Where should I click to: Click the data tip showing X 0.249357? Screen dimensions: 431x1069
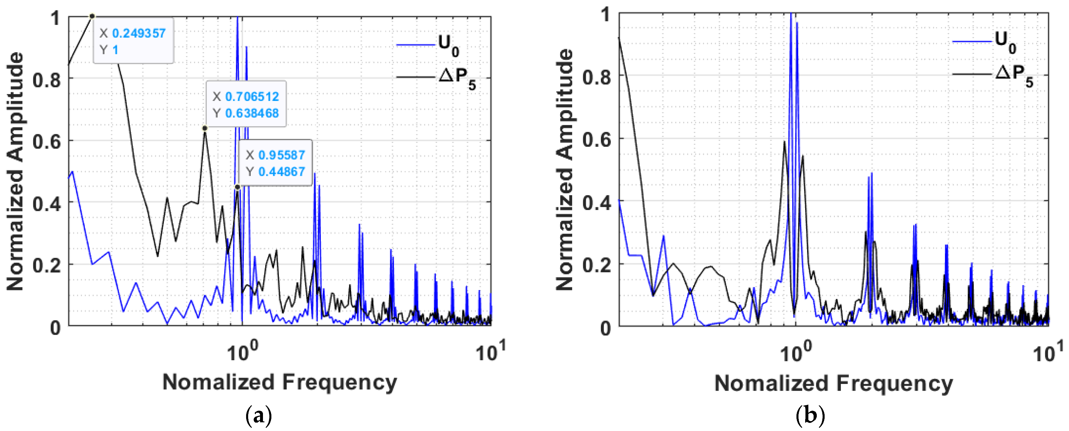click(x=133, y=41)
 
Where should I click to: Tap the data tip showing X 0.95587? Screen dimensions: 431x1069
click(x=275, y=163)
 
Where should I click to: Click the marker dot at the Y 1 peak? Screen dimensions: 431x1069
click(x=92, y=16)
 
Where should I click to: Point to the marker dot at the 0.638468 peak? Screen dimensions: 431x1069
click(x=205, y=128)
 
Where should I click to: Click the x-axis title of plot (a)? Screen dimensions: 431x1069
click(x=279, y=382)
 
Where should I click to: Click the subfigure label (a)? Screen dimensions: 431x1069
click(x=259, y=415)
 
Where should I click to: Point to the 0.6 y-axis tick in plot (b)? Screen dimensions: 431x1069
click(x=596, y=140)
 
